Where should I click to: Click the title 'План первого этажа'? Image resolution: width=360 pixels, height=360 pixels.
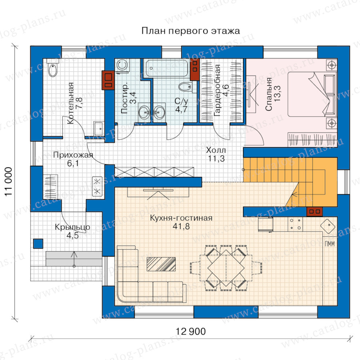pos(190,31)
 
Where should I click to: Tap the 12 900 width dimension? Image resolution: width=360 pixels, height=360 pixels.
pos(190,332)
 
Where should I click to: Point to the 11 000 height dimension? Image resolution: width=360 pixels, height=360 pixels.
pos(8,182)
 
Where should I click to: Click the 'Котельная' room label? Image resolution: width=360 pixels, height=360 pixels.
pos(71,103)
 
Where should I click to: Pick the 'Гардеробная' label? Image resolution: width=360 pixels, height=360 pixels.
pos(217,90)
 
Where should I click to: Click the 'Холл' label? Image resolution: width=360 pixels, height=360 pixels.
pos(216,150)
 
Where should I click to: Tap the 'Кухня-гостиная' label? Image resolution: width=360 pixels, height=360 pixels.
pos(181,218)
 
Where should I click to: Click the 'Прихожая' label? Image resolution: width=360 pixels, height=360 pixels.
pos(73,155)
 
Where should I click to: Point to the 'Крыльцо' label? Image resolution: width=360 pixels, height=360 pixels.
pos(72,227)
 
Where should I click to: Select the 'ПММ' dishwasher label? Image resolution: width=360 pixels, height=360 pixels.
pos(330,244)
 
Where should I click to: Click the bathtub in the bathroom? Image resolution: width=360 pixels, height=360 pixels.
pos(167,68)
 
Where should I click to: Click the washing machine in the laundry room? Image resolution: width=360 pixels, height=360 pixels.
pos(122,66)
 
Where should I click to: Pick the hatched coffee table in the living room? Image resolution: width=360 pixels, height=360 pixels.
pos(161,264)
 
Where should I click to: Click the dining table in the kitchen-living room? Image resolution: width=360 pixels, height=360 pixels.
pos(226,268)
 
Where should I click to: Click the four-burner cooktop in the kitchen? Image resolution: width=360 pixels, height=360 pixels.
pos(295,224)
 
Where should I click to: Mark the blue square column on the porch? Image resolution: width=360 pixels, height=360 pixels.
pos(38,244)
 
